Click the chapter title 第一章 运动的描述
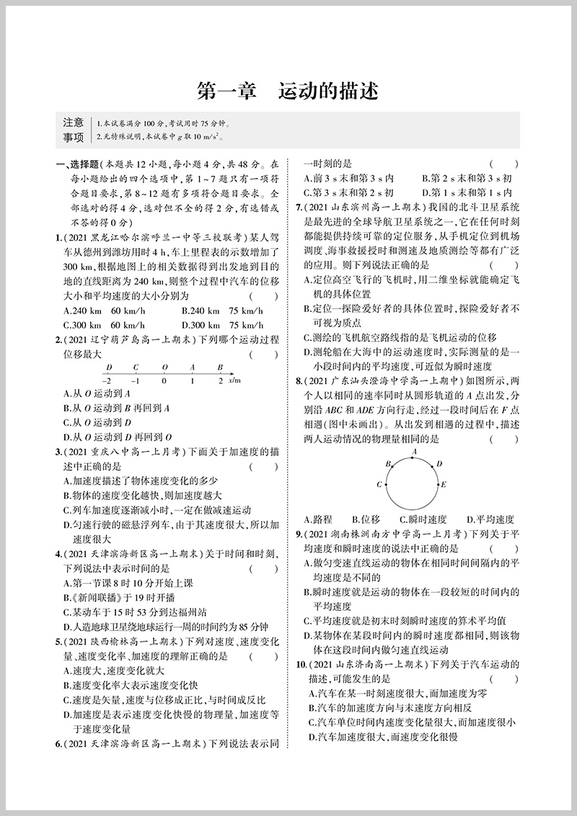288,92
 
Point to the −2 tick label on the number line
107,379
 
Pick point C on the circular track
379,484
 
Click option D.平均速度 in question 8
490,519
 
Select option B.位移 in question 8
366,519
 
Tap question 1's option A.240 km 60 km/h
97,311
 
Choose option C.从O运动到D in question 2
97,422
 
